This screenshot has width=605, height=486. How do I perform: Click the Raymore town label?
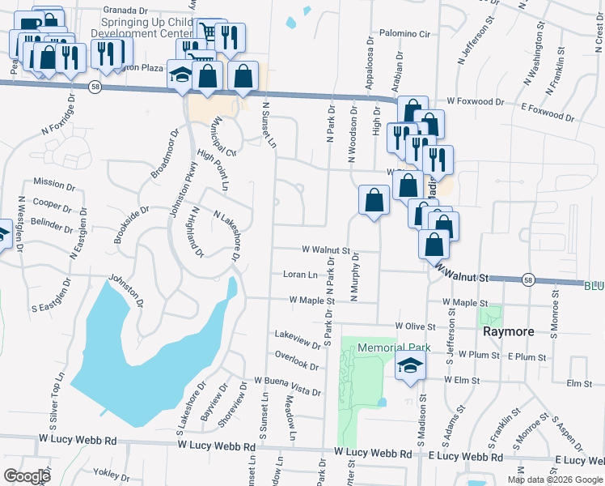click(507, 332)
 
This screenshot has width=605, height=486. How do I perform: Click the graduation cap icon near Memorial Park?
click(410, 365)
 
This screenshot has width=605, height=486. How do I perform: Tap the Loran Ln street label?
click(300, 275)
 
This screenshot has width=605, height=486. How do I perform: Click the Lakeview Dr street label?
click(298, 334)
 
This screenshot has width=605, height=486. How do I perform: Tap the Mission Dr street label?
click(54, 183)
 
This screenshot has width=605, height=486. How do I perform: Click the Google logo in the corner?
click(27, 475)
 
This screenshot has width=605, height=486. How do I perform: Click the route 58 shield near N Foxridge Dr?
click(95, 87)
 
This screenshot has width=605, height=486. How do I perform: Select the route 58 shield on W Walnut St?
click(527, 278)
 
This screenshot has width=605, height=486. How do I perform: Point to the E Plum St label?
click(518, 356)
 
